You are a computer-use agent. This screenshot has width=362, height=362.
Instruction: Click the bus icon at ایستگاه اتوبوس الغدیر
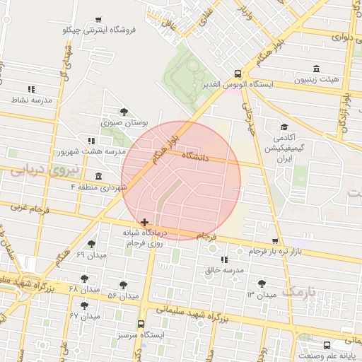tap(237, 74)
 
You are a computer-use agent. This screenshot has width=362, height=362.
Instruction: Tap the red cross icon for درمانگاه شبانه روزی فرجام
tap(145, 222)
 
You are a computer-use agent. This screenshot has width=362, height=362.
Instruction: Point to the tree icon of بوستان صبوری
tap(124, 112)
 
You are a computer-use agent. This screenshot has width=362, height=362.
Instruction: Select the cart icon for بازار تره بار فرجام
tap(275, 242)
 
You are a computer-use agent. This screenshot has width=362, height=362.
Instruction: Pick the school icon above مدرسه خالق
tap(224, 259)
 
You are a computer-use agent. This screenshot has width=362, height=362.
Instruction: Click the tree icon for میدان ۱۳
tap(262, 283)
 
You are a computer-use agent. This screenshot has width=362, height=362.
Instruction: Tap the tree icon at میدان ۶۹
tap(92, 244)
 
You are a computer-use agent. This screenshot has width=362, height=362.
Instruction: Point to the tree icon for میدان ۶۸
tap(85, 279)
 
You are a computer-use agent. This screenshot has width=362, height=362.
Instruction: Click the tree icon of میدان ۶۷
tap(85, 306)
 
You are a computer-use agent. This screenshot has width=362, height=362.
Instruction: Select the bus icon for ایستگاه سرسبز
tap(141, 324)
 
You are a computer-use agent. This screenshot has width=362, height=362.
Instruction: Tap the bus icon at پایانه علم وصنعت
tap(327, 345)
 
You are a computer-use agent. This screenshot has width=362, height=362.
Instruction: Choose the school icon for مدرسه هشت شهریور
tap(90, 141)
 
